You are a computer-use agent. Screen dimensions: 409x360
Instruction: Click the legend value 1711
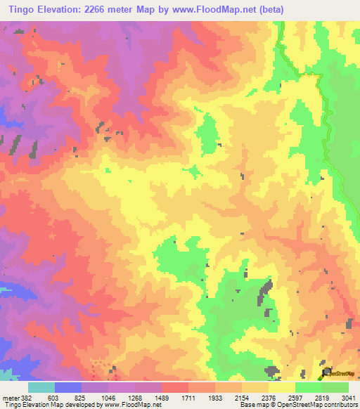click(x=189, y=397)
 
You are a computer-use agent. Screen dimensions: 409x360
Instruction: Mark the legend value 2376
click(x=269, y=397)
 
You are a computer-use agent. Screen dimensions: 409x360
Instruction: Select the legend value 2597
click(x=295, y=397)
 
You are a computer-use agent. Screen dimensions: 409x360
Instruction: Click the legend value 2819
click(x=322, y=397)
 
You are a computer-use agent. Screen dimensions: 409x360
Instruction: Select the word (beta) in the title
click(x=270, y=9)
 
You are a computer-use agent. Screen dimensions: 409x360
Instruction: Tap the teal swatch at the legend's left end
click(x=41, y=387)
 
